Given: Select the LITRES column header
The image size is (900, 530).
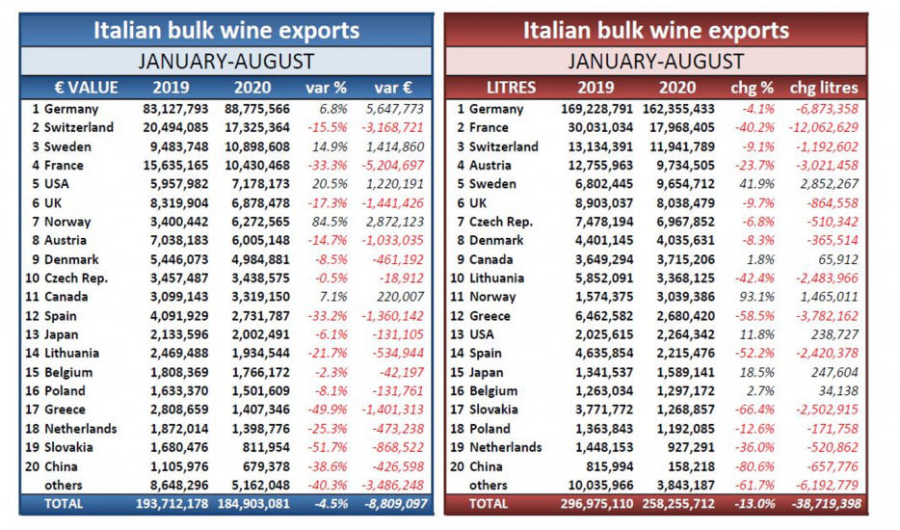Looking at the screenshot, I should pyautogui.click(x=512, y=88).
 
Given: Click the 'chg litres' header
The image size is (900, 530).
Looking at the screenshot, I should pyautogui.click(x=824, y=88).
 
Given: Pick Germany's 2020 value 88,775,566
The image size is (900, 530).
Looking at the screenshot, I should pyautogui.click(x=256, y=109).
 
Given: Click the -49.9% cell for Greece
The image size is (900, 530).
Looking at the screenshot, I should pyautogui.click(x=331, y=410).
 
